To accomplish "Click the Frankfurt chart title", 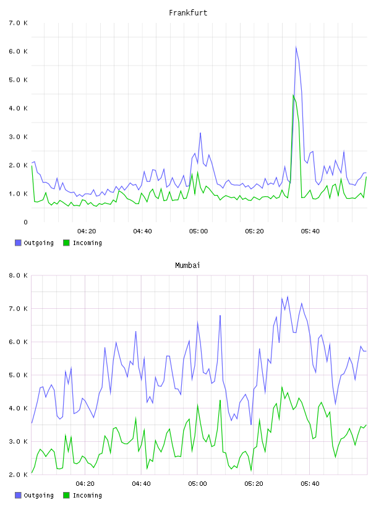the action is [188, 13].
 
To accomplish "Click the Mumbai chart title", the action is [187, 265].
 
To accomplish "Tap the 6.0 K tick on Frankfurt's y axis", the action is [19, 51].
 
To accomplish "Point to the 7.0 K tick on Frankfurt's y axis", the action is [19, 23].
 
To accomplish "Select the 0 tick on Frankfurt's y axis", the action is [25, 222].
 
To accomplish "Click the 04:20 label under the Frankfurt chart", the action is [87, 231].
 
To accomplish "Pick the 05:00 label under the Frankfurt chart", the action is [199, 231].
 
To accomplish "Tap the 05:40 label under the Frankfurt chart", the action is [310, 231].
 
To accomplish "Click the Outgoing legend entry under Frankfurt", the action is [35, 243].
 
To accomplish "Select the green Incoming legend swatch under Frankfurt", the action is [66, 243].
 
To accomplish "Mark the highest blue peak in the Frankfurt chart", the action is [296, 47].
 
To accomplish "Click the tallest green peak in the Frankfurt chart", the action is [293, 95].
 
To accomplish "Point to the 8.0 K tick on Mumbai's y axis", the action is [19, 275].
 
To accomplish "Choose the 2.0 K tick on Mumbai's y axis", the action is [19, 475].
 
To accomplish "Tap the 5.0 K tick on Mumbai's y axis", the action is [19, 375].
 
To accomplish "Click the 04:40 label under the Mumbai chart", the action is [142, 484].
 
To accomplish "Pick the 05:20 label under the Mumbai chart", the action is [254, 484].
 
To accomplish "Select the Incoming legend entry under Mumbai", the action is [83, 495].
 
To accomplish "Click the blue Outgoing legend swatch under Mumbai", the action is [18, 495].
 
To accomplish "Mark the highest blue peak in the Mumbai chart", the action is [288, 296].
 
